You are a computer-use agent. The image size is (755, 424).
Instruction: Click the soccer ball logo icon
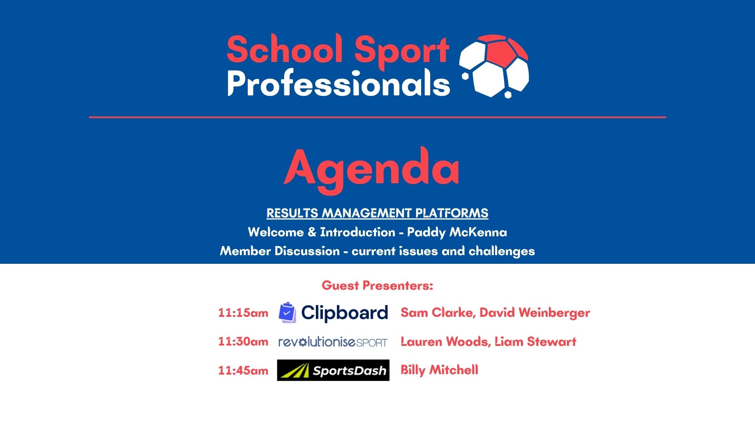(495, 66)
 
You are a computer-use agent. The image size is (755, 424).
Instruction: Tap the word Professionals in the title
(339, 83)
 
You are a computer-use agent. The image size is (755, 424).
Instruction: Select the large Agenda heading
(372, 170)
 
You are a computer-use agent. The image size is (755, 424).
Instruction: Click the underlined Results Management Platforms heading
(377, 213)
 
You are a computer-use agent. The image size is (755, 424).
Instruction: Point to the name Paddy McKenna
(457, 232)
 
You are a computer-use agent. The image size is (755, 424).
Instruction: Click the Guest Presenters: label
(377, 285)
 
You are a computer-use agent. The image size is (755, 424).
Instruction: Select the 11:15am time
(243, 313)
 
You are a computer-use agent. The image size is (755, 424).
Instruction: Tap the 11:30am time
(243, 342)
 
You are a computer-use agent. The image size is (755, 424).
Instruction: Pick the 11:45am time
(243, 370)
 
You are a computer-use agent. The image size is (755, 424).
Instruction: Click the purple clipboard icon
(287, 313)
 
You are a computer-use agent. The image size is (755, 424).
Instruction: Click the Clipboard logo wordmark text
(344, 313)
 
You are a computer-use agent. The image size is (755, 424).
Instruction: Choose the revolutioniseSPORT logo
(333, 342)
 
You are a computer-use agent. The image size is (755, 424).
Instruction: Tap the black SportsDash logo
(333, 370)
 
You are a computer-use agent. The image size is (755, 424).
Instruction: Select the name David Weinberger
(535, 313)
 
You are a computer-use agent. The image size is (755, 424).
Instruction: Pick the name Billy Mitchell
(439, 370)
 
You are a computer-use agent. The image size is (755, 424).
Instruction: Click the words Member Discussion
(280, 251)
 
